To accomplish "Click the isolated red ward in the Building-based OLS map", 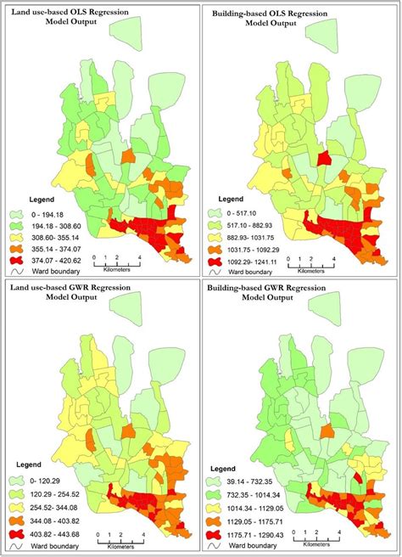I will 322,157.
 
